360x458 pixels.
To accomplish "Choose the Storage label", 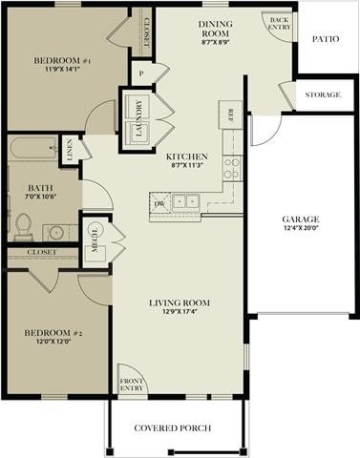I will click(323, 95).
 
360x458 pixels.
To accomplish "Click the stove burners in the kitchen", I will click(230, 168).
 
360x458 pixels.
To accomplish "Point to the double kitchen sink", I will click(184, 202).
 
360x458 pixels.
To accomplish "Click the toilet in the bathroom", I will click(23, 225).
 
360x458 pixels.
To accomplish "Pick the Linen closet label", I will click(69, 150).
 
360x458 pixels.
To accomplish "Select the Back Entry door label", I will click(279, 23).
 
